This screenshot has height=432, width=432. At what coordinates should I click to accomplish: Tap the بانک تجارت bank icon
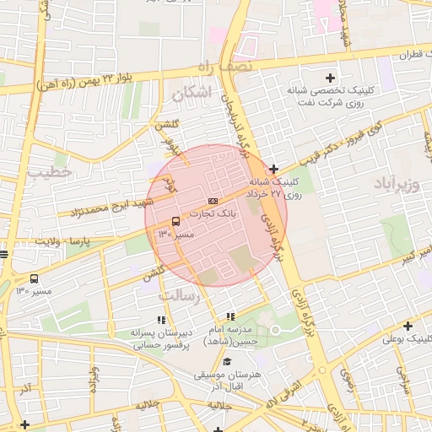click(213, 201)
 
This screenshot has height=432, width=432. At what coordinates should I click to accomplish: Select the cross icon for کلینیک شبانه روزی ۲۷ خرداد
click(274, 169)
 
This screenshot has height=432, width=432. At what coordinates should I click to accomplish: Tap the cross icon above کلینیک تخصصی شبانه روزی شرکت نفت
click(341, 78)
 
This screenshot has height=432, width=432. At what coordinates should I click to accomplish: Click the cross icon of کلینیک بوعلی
click(408, 326)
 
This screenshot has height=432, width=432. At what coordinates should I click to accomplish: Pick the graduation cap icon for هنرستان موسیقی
click(227, 362)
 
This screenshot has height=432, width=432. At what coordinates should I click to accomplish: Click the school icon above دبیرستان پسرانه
click(160, 320)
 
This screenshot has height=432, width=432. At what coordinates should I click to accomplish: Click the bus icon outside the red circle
click(34, 278)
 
